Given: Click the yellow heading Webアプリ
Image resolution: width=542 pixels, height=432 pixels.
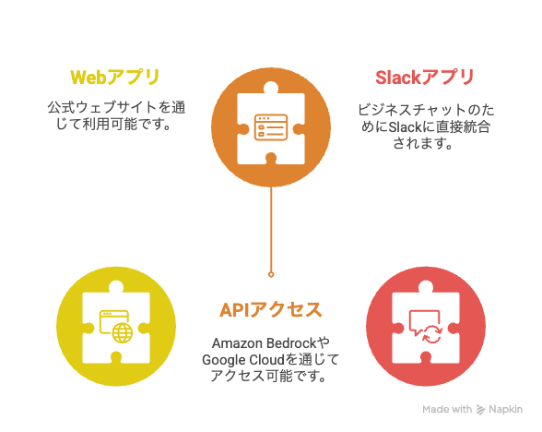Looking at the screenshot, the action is coord(115,78).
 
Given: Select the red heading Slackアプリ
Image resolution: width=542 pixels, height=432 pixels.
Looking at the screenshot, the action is coord(425,78).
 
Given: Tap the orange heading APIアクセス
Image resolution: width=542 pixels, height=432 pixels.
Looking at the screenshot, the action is coord(271,310).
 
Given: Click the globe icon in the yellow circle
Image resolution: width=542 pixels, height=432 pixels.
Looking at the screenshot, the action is coord(123,333).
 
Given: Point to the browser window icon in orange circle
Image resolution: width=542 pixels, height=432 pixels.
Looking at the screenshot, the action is coord(271,127).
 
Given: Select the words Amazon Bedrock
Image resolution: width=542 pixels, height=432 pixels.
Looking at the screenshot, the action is coord(264,343).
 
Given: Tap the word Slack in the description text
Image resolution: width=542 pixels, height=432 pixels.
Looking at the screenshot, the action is coord(405,127).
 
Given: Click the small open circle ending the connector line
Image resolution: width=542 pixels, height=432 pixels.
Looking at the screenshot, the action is coord(271,274).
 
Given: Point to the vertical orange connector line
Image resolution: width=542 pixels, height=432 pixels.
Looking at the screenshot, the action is coord(271,229).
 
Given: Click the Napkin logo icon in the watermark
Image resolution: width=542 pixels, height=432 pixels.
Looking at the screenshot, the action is coord(480,410).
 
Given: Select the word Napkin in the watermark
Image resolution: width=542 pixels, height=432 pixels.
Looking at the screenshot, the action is coord(505,410).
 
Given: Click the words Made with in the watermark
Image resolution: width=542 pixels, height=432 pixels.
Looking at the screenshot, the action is coord(447,410).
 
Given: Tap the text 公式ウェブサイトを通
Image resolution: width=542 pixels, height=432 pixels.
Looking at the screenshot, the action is coord(116,107).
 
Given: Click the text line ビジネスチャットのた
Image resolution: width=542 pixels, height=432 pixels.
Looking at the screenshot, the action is coord(426,110).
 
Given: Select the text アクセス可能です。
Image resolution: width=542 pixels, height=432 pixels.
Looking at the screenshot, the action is coord(268,376).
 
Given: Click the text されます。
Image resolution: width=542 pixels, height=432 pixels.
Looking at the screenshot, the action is coord(423,143).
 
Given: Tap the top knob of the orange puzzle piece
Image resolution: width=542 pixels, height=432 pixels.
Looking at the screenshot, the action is coord(271,88).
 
